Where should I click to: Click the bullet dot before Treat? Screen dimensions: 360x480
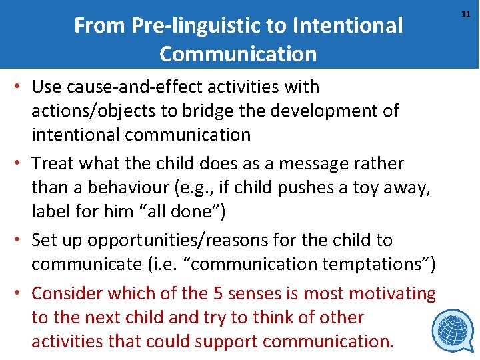(22, 163)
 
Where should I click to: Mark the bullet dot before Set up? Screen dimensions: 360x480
(22, 240)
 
